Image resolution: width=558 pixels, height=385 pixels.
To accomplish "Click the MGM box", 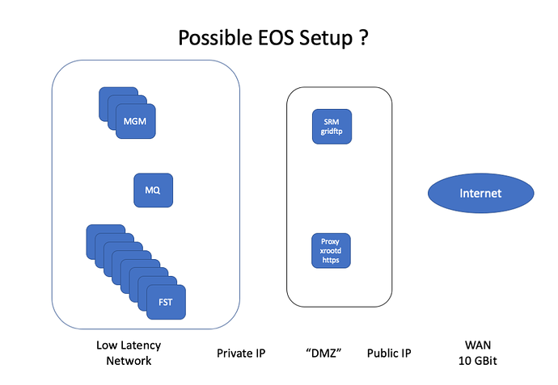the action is (x=136, y=121).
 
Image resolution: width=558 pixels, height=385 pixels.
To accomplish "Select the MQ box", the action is (x=154, y=190).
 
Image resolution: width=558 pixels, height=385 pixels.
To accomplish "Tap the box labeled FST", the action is (x=167, y=302).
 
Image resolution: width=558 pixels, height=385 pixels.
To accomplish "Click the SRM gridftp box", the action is (x=332, y=127).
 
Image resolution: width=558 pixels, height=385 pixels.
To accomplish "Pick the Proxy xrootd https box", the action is (x=331, y=251).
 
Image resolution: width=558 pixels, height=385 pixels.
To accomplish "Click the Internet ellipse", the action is (x=481, y=193).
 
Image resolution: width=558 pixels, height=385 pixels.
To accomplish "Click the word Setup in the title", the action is (x=326, y=39).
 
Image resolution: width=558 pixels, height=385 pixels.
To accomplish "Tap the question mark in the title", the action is (x=364, y=38).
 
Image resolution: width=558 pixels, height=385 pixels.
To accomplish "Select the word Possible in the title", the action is (x=215, y=38).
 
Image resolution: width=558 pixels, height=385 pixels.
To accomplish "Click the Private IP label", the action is (x=241, y=354).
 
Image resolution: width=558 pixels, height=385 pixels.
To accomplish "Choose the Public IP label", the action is (x=389, y=354).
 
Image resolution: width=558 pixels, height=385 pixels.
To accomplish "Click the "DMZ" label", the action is (x=323, y=353).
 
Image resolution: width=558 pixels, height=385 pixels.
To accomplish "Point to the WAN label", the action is (x=478, y=345).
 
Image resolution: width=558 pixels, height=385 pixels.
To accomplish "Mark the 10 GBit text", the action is (x=478, y=361).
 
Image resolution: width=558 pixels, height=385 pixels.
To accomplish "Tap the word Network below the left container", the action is (x=129, y=361).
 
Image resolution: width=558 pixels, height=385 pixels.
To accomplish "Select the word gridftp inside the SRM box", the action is (x=332, y=132).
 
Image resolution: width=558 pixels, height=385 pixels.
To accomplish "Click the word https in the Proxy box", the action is (x=331, y=260).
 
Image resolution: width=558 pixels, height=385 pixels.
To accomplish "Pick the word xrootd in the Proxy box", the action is (x=331, y=251).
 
